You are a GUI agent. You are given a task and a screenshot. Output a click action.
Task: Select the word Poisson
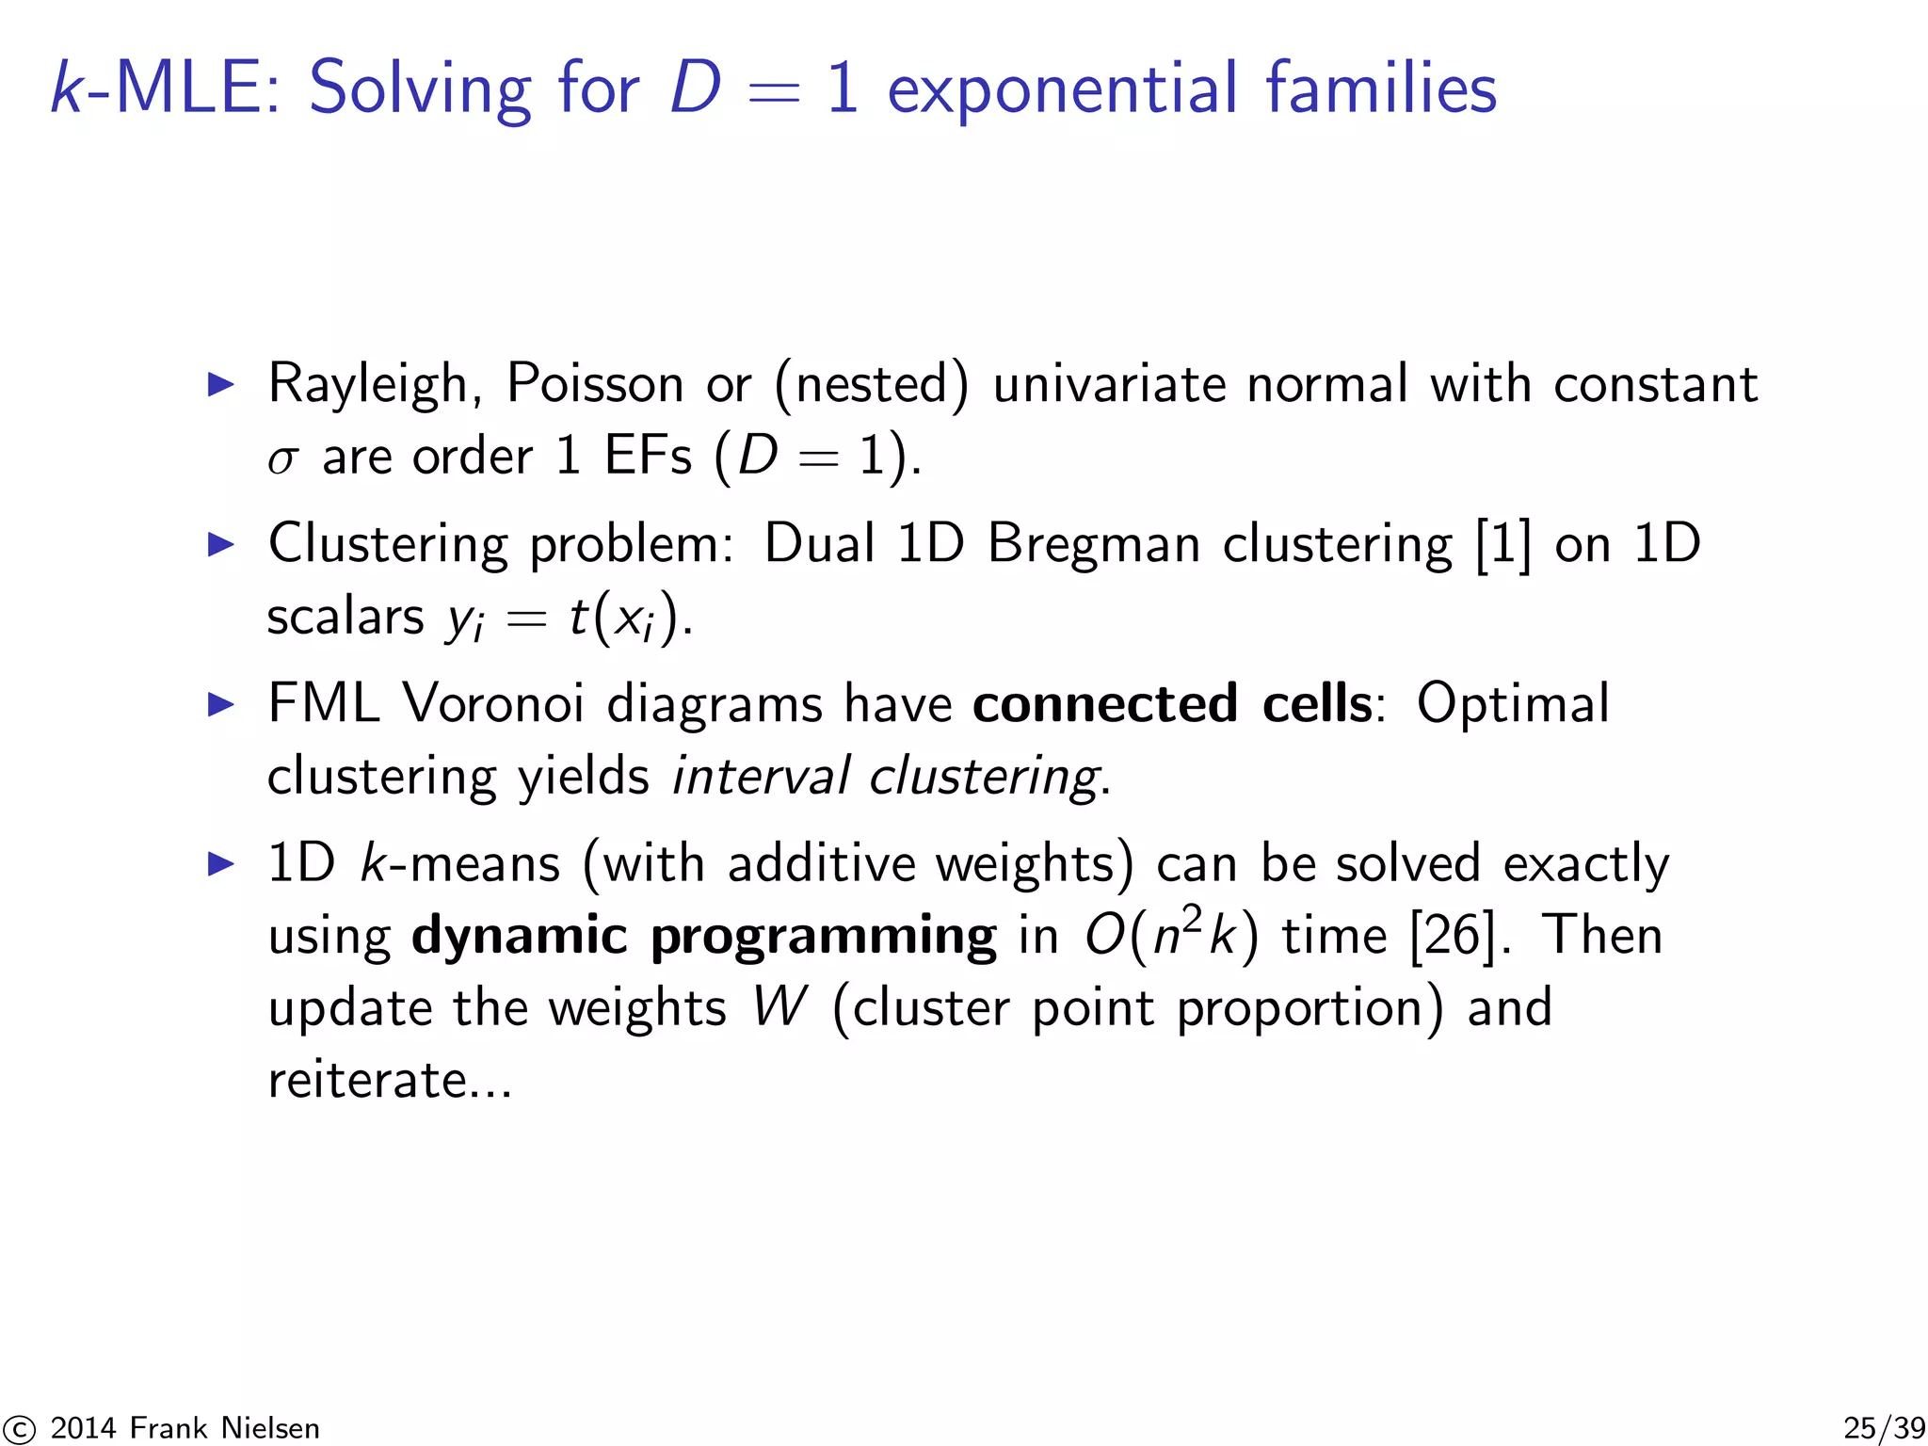tap(594, 384)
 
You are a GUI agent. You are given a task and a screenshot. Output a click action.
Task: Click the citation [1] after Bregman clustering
tap(1502, 544)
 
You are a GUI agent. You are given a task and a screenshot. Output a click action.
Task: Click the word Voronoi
tap(492, 703)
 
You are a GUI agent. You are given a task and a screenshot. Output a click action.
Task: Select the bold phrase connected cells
tap(1172, 703)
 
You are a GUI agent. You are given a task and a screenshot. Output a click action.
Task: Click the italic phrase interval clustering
tap(886, 777)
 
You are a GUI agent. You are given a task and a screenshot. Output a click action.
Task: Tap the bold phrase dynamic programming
tap(703, 936)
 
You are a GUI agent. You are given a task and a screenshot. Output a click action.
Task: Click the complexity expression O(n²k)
tap(1170, 936)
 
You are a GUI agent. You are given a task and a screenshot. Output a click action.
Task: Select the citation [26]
tap(1453, 936)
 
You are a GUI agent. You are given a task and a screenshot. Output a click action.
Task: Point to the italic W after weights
tap(779, 1007)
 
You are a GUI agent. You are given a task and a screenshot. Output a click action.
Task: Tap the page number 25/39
tap(1884, 1427)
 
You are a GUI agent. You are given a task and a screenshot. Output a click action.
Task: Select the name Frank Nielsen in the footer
tap(224, 1428)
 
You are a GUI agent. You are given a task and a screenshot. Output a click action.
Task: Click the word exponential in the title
tap(1062, 88)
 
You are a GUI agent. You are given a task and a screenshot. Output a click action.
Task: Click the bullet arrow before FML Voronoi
tap(220, 704)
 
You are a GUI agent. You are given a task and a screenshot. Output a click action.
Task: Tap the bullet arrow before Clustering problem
tap(220, 544)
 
